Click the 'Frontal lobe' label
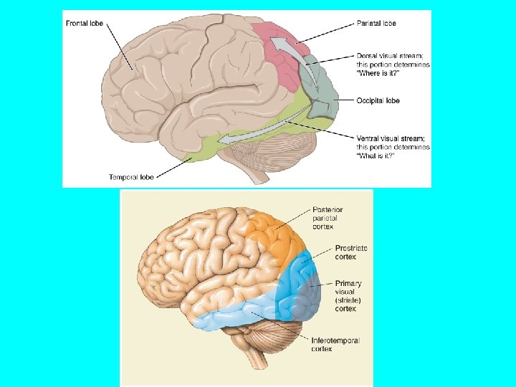(x=84, y=23)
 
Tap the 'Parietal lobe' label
(x=376, y=23)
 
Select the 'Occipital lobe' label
(x=378, y=100)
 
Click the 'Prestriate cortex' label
(x=351, y=252)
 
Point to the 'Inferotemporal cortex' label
(x=335, y=345)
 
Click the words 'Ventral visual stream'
(x=393, y=138)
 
